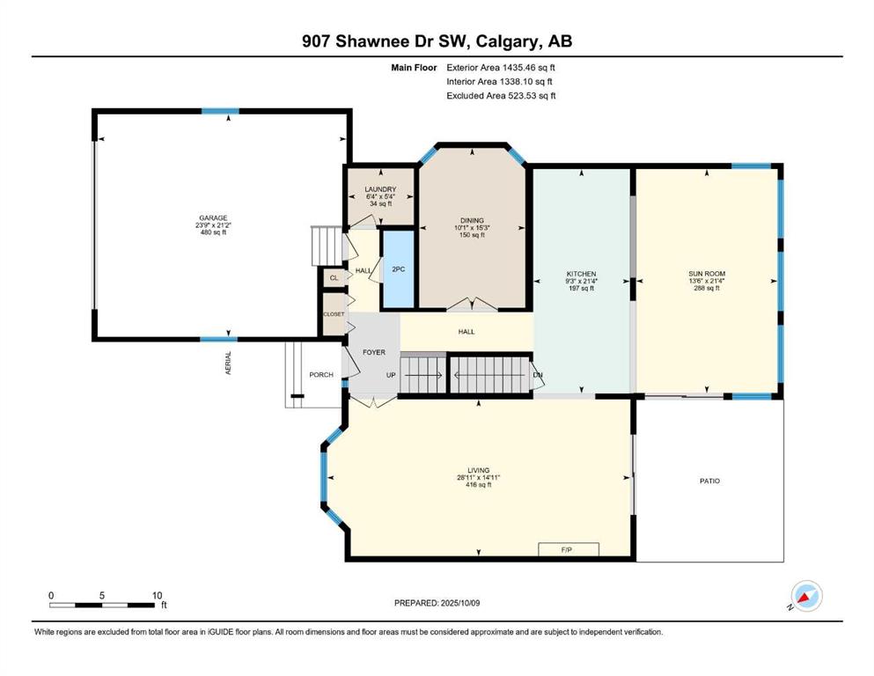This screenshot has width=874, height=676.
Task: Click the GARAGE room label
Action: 214,218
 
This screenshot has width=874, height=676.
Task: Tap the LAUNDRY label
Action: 381,189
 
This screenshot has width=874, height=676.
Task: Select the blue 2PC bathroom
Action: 398,269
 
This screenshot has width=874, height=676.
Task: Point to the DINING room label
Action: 472,220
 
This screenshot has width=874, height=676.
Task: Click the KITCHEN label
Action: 582,274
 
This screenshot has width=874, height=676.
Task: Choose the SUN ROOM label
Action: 707,274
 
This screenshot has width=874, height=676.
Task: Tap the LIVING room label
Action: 478,470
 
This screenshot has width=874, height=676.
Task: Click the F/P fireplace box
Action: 569,549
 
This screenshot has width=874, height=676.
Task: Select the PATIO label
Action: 709,481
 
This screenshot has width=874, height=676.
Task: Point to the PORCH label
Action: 321,374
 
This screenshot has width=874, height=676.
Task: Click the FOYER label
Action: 374,352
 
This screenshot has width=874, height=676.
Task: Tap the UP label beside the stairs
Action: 391,375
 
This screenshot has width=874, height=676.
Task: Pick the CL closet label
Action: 334,278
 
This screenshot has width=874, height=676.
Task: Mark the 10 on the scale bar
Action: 158,595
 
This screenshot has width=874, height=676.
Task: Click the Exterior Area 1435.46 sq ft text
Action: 501,68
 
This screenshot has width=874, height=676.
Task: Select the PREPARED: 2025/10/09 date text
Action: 437,603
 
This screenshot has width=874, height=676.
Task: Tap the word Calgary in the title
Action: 508,41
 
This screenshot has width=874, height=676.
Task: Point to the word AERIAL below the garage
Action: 228,363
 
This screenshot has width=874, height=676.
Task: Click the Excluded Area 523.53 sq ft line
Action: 501,95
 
